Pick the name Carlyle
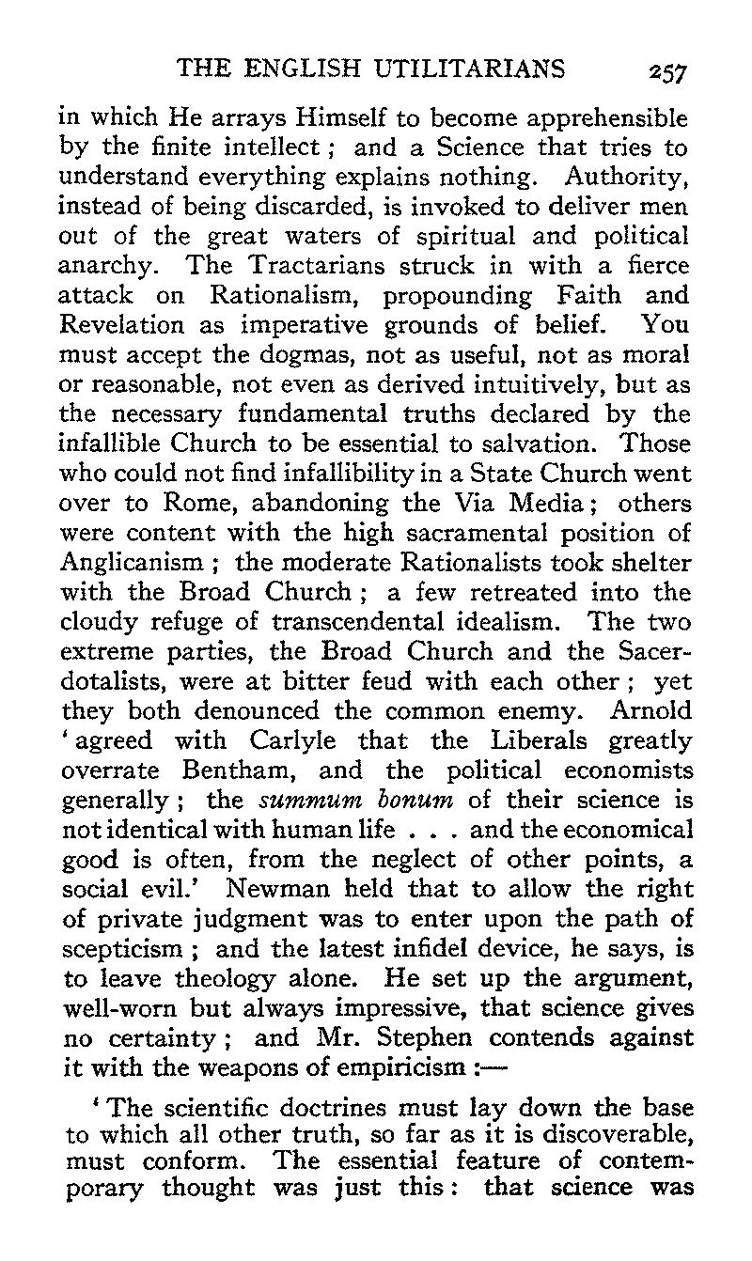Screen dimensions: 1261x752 click(281, 742)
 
